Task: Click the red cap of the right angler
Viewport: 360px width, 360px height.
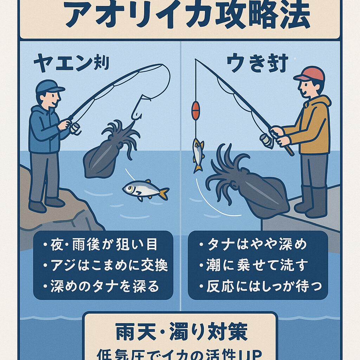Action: [x=309, y=74]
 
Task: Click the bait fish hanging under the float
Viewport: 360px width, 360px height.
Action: [x=198, y=155]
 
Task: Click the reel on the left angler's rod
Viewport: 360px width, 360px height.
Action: [x=75, y=128]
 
